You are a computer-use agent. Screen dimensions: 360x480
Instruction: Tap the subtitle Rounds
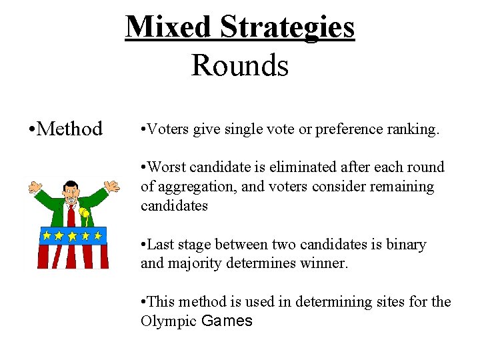(x=239, y=65)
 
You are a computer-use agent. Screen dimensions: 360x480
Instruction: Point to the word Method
(x=70, y=128)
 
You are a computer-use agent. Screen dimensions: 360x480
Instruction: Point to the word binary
(x=405, y=245)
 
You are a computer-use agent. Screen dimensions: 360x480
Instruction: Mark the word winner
(x=326, y=263)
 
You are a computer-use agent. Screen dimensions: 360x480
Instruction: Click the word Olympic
(x=168, y=321)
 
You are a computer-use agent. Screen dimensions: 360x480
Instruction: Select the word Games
(x=227, y=321)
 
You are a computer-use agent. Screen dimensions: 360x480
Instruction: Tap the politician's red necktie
(x=71, y=217)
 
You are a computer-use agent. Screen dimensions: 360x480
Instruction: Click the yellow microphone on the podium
(x=84, y=214)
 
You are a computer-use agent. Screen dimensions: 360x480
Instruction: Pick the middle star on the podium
(x=72, y=235)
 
